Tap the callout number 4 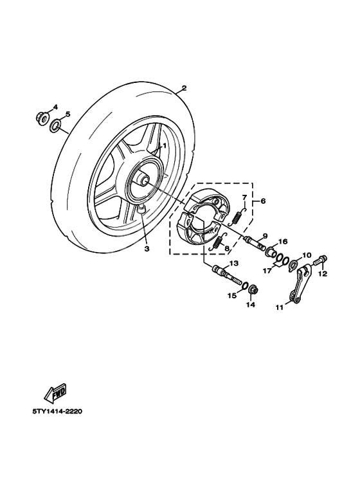[55, 107]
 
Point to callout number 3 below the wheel [147, 248]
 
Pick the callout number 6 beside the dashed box [262, 201]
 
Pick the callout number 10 [307, 255]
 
